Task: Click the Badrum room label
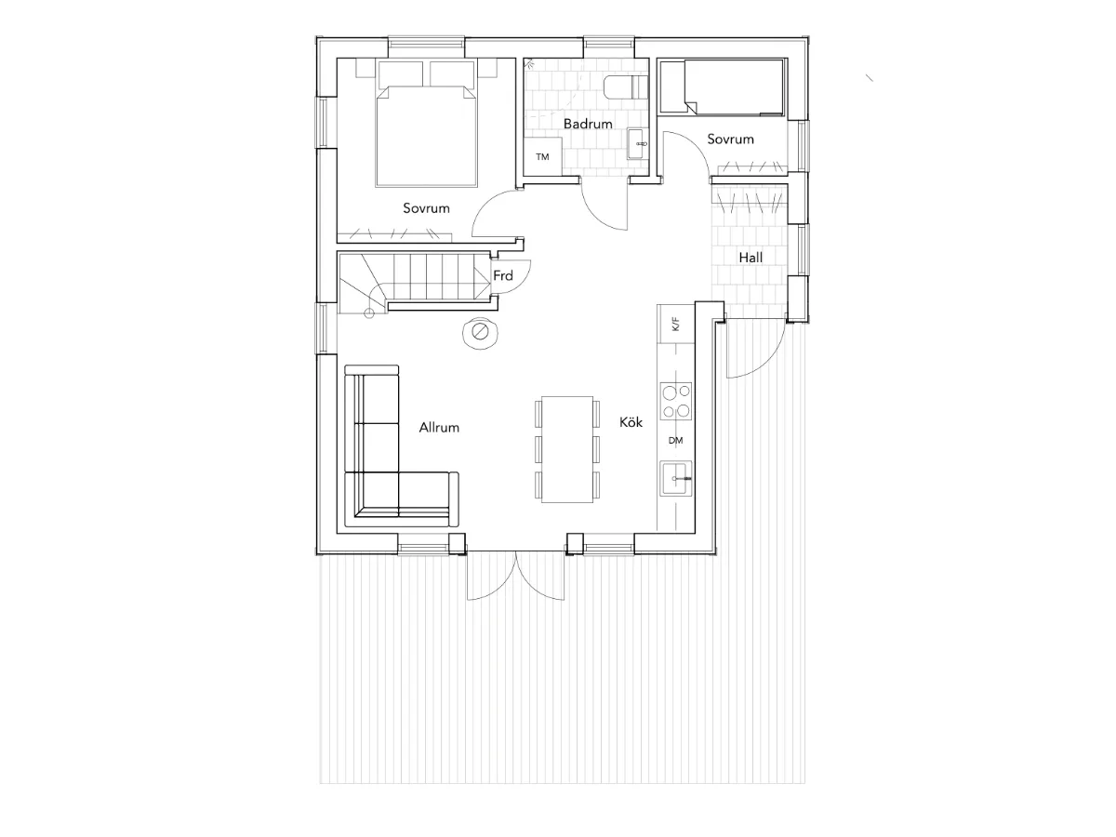(588, 124)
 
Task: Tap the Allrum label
(439, 428)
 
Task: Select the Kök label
(631, 422)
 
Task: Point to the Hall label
(751, 258)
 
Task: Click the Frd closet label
(503, 275)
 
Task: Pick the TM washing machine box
(542, 156)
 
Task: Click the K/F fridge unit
(676, 324)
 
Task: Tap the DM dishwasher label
(675, 441)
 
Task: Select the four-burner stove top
(676, 401)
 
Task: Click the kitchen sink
(676, 478)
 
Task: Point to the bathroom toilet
(626, 86)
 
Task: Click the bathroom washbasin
(638, 144)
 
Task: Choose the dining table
(567, 449)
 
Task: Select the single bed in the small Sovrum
(721, 86)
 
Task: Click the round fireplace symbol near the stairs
(480, 333)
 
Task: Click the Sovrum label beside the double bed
(426, 207)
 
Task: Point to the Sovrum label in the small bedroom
(730, 139)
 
